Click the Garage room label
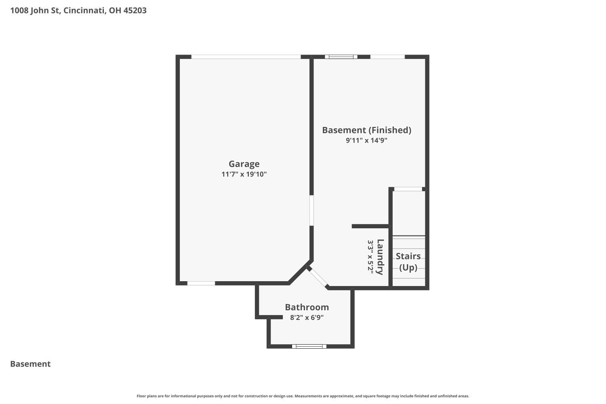tap(244, 164)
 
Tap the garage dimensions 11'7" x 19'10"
tap(244, 174)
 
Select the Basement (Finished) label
tap(366, 130)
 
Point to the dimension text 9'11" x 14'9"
tap(366, 140)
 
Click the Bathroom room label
tap(307, 307)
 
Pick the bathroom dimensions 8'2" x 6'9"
tap(307, 317)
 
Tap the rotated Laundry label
tap(380, 257)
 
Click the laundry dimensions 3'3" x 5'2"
tap(370, 257)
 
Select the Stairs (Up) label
tap(408, 262)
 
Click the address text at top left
tap(78, 11)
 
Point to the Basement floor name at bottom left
tap(30, 364)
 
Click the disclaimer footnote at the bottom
tap(303, 396)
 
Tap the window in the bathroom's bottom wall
tap(309, 346)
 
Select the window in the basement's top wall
tap(341, 57)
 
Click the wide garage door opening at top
tap(246, 57)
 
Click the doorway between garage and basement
tap(311, 210)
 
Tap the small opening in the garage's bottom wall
tap(201, 283)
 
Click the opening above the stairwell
tap(408, 189)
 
